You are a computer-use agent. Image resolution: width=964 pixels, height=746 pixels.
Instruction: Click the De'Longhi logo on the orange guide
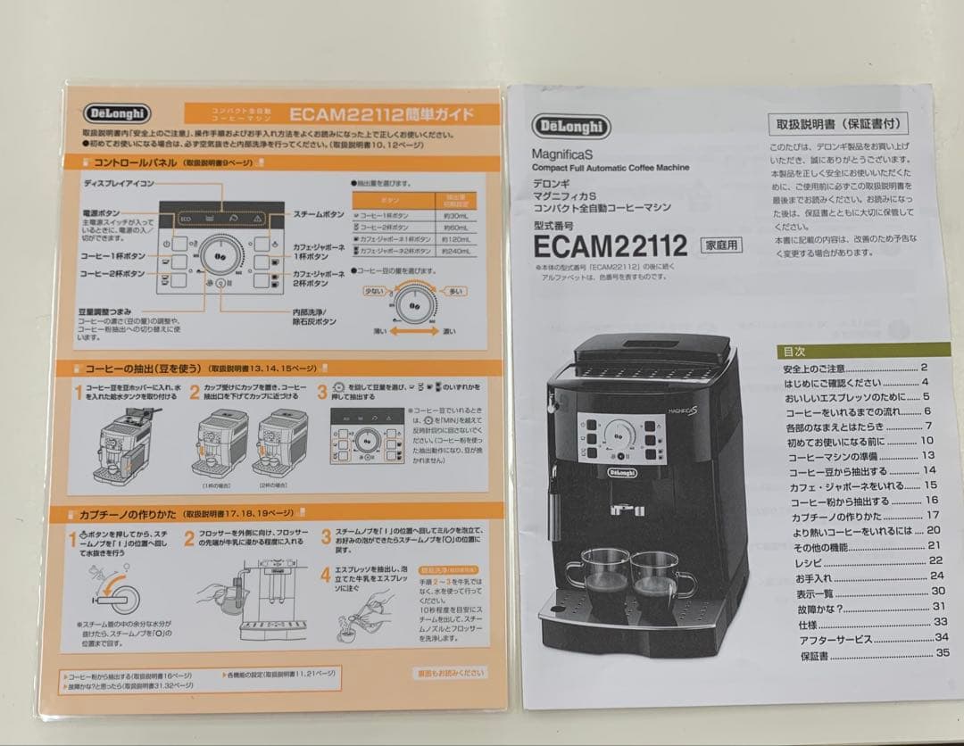(x=119, y=113)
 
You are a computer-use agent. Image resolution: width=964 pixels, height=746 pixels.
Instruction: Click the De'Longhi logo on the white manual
(x=571, y=127)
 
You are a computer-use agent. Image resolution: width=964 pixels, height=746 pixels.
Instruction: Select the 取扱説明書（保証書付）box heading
(x=836, y=124)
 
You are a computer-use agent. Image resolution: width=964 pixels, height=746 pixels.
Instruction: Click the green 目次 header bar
(x=862, y=351)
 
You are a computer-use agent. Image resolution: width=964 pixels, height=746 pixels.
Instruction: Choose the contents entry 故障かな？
(x=819, y=608)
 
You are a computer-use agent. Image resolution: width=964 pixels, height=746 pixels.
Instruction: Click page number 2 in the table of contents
(x=925, y=367)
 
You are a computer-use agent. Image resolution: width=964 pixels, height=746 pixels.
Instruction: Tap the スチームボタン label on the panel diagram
(x=319, y=214)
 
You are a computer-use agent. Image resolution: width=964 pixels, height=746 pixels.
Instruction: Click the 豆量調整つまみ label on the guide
(x=110, y=311)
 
